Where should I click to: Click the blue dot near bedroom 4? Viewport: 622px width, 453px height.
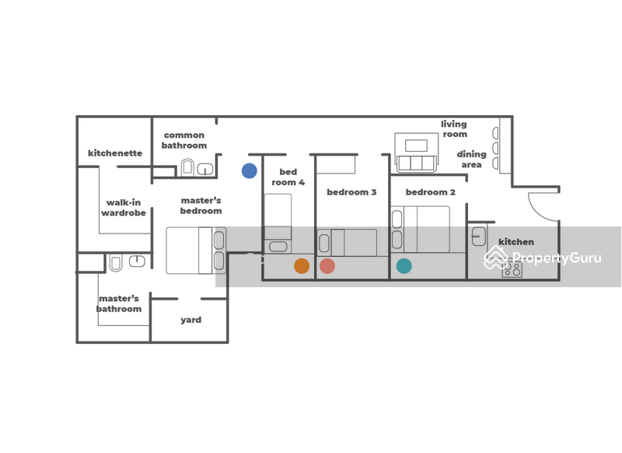(249, 170)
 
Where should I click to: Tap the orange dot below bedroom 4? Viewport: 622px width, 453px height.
(302, 266)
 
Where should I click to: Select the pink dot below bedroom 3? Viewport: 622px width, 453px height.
(327, 266)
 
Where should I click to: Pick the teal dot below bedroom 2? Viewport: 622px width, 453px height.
(404, 266)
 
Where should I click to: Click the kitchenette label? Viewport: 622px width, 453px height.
(115, 153)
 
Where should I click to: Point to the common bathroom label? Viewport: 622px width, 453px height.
(184, 140)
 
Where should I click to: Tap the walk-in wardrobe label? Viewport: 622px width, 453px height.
(124, 208)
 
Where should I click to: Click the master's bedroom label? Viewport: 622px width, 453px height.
(201, 205)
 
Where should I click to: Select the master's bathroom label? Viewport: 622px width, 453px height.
(119, 304)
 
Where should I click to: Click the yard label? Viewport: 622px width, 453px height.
(190, 320)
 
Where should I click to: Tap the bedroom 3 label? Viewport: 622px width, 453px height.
(351, 192)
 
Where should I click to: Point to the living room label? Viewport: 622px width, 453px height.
(454, 129)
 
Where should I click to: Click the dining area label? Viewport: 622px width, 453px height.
(471, 160)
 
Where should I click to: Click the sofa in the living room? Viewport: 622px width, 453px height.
(416, 162)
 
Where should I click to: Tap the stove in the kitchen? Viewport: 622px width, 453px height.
(512, 269)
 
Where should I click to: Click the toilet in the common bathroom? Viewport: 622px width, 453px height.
(187, 167)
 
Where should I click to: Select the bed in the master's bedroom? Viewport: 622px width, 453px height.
(195, 250)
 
